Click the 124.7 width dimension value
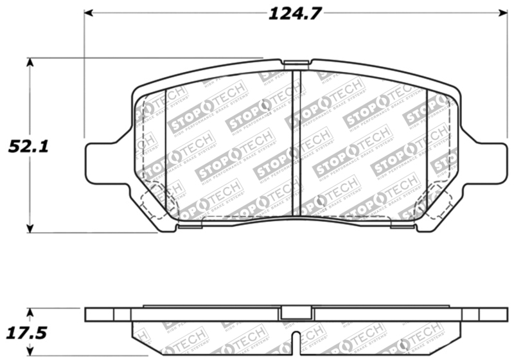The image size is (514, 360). click(x=294, y=13)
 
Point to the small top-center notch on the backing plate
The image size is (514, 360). click(x=296, y=63)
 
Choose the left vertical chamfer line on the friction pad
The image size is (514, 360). click(x=166, y=151)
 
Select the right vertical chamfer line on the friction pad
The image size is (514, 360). click(x=427, y=151)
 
